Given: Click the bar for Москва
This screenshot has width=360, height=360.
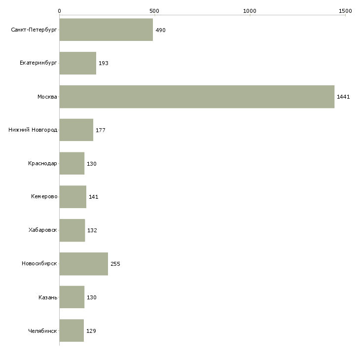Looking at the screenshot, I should [197, 97].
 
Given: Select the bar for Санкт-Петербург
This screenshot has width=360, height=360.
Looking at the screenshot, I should [106, 30].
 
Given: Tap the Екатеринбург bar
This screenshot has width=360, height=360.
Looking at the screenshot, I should [78, 63].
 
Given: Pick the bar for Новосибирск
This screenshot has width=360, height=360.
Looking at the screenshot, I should [84, 264].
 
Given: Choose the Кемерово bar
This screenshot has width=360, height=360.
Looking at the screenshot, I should [73, 197].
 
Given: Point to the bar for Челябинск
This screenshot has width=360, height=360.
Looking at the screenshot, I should [72, 330].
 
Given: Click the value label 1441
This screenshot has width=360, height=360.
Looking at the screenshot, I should [343, 97].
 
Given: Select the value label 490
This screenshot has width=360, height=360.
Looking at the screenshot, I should [160, 30].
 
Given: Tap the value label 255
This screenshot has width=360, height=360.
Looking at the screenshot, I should [115, 264].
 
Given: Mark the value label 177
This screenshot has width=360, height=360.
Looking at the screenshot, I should [101, 130].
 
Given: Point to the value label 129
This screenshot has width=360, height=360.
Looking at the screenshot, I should [91, 331].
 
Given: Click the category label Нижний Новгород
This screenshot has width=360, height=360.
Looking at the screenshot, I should [33, 130].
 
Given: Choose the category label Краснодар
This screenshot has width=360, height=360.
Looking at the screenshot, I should [42, 163].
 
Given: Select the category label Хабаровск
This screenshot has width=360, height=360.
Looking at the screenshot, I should [42, 230].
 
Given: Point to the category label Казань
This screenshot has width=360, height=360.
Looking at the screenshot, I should [47, 297].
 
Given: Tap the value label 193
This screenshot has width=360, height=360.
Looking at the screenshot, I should [103, 64].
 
